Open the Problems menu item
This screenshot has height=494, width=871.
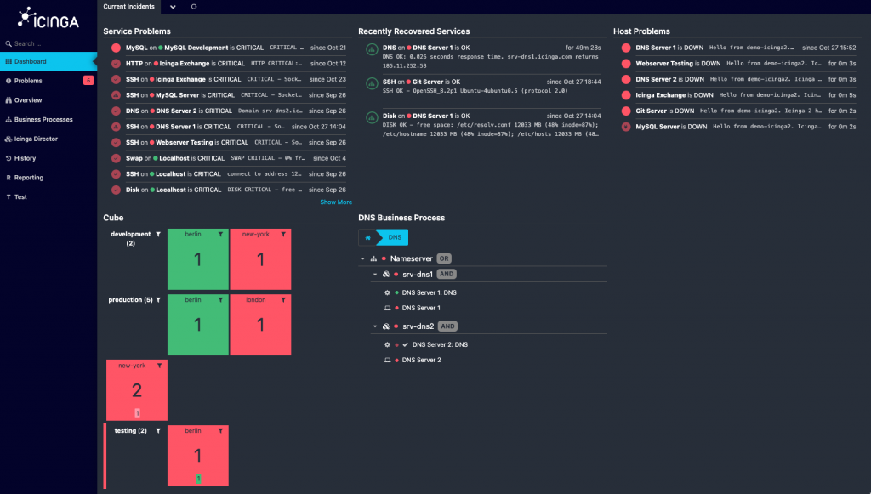(x=28, y=81)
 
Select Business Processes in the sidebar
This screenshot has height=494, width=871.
(x=43, y=120)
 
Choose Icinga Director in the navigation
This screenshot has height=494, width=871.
(x=36, y=139)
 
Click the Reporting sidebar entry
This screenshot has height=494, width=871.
(x=29, y=178)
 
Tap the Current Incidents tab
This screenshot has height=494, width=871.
(x=129, y=7)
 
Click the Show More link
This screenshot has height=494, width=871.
(x=335, y=202)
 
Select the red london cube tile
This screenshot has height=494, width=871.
(x=260, y=324)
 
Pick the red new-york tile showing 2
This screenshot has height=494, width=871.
(x=137, y=390)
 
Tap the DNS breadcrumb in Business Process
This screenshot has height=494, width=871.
(x=395, y=237)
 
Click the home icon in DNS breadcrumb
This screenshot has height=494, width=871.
(x=369, y=237)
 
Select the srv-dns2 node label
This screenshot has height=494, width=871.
(x=418, y=326)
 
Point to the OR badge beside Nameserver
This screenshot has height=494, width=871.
(x=444, y=258)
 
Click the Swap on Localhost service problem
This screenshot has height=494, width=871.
(x=175, y=158)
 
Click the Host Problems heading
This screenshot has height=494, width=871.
(x=641, y=31)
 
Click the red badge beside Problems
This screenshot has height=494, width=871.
(x=88, y=81)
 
